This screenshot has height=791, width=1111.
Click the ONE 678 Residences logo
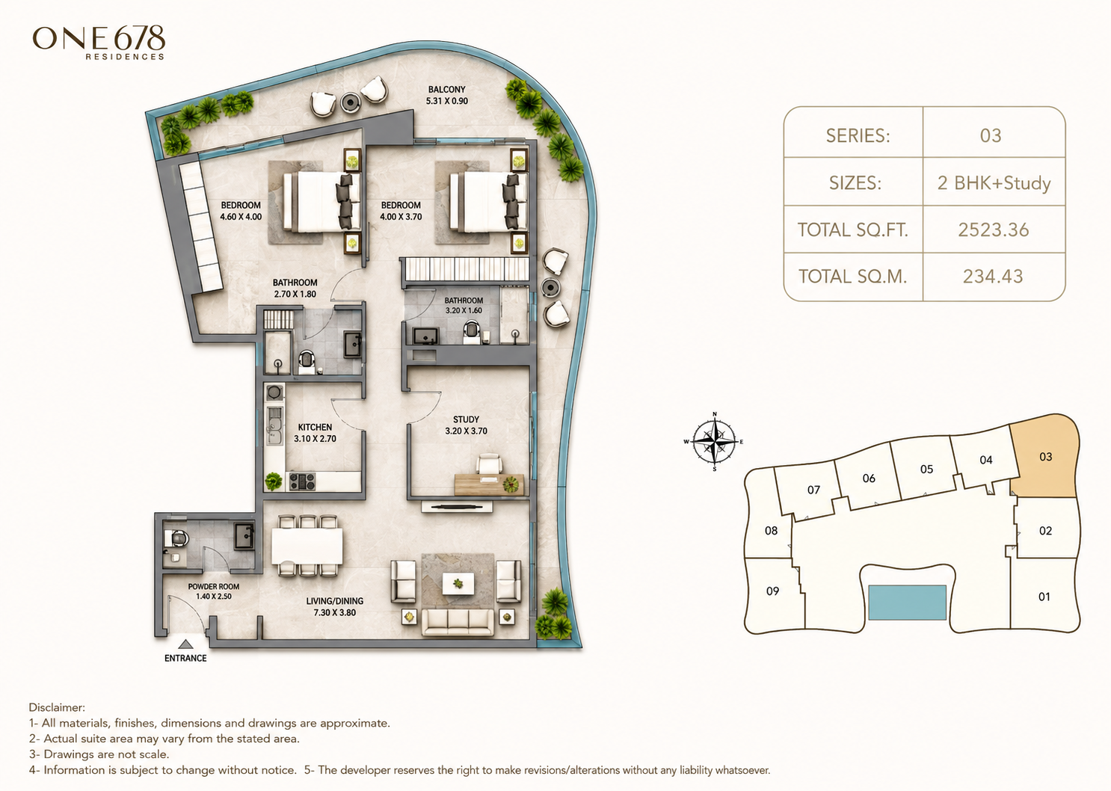click(99, 43)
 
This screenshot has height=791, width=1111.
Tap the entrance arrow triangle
click(185, 644)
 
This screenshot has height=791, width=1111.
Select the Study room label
click(467, 425)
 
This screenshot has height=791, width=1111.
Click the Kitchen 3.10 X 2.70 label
click(315, 433)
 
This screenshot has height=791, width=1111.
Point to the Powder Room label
click(213, 591)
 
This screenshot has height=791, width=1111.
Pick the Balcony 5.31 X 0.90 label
click(447, 95)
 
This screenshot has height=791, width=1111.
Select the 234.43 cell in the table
click(994, 277)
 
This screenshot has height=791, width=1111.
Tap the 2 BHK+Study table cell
click(994, 183)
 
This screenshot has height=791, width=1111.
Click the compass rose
click(714, 441)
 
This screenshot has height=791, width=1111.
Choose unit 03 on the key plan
click(1045, 456)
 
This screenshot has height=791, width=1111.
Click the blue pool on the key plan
click(907, 603)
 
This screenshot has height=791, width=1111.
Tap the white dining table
click(307, 546)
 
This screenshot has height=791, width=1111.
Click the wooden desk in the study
click(489, 484)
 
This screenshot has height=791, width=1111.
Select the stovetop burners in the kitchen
click(302, 481)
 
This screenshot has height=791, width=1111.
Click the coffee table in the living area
click(458, 583)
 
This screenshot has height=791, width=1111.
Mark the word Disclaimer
click(57, 708)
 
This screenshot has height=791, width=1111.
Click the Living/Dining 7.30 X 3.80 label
click(335, 606)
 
